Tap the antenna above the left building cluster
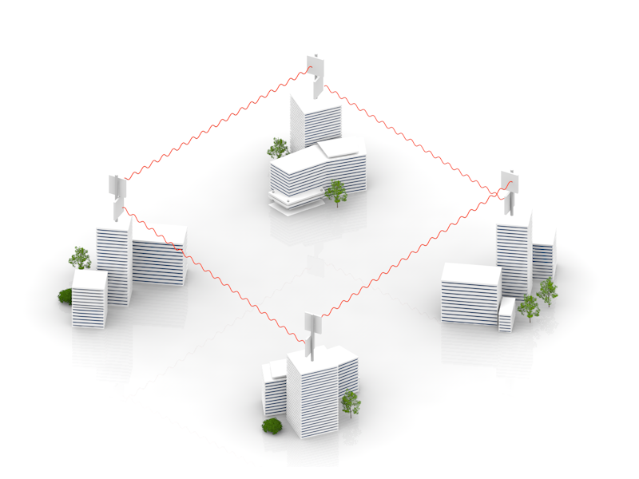pos(117,192)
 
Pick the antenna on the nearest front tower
pos(312,327)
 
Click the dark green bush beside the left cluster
pos(65,296)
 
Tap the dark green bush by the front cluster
pos(272,426)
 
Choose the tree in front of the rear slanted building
pos(336,192)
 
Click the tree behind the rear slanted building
pos(277,147)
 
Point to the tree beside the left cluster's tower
pos(80,257)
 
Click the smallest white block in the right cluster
pos(506,315)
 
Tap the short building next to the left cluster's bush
pos(89,299)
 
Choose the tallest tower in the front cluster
pos(313,391)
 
